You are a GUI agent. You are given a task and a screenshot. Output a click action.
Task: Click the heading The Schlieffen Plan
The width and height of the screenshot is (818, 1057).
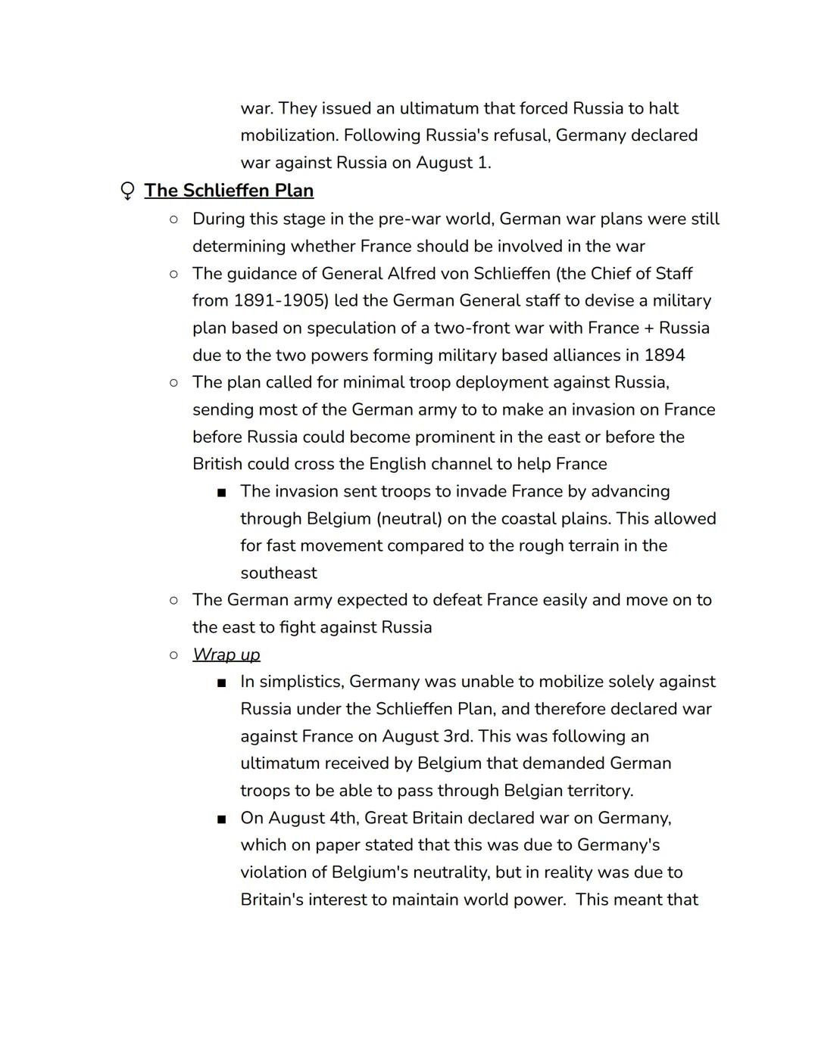229,191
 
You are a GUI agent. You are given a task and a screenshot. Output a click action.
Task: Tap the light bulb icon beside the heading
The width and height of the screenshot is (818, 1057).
128,191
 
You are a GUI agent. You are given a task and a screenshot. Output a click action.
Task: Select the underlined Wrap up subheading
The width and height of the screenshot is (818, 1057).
226,654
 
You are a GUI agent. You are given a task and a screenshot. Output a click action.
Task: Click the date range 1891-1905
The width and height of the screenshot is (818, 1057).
281,300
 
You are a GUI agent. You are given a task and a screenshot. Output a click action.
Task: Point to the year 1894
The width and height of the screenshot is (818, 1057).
664,355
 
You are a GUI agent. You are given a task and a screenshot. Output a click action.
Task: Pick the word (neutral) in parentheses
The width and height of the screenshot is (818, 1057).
412,518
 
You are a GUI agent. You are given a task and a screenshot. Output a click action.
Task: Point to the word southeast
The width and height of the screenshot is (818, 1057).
279,573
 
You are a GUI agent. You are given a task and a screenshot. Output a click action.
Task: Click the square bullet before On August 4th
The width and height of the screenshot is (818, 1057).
221,819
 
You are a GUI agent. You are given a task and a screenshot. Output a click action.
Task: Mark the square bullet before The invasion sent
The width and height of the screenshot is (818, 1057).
221,492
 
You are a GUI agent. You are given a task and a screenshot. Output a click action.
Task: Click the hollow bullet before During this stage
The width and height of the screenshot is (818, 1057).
173,219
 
